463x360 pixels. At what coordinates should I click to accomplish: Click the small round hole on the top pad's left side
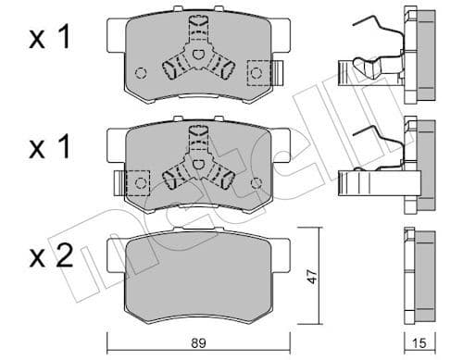click(x=141, y=73)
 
